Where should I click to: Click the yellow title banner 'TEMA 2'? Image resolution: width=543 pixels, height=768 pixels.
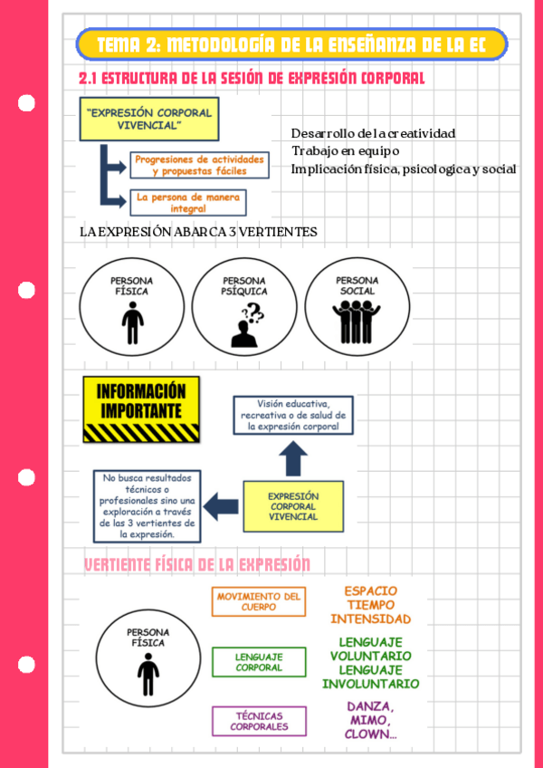point(291,44)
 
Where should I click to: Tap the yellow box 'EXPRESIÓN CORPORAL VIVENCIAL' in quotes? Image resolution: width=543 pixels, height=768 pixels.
point(149,119)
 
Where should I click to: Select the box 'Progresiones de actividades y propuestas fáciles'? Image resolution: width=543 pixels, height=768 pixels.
point(200,165)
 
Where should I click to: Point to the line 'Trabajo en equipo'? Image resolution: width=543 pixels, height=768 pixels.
point(346,150)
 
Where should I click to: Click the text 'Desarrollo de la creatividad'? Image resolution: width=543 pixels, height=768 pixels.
point(373,133)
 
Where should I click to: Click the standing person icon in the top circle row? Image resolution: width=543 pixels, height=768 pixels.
point(132,324)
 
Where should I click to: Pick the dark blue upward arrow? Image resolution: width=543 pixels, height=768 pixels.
point(294,459)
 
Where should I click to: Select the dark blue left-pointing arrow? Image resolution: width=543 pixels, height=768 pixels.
point(220,503)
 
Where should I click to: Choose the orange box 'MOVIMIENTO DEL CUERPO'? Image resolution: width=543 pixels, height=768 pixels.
point(259,601)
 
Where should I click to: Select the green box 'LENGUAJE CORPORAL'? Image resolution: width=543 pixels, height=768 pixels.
point(259,661)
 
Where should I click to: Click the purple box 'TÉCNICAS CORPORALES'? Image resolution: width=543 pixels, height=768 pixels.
point(259,721)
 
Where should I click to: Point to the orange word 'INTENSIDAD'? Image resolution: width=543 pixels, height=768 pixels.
point(370,620)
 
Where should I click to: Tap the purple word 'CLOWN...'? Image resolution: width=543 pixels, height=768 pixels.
point(370,734)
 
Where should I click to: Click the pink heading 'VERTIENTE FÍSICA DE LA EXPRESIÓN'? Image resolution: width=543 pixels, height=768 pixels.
point(197,565)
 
